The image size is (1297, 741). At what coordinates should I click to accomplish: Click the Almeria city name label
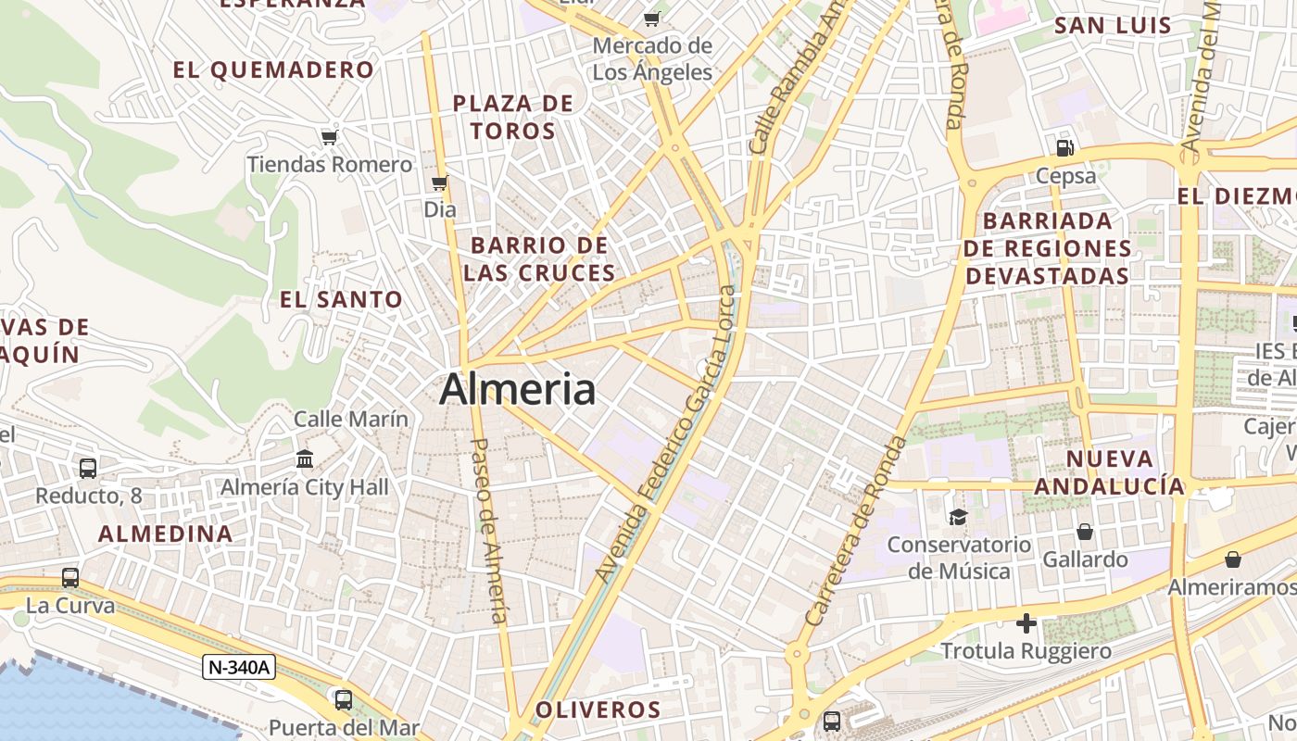coord(517,389)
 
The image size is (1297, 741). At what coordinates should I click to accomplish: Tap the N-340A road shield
coord(239,667)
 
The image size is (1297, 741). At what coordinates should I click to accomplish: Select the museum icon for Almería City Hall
coord(305,458)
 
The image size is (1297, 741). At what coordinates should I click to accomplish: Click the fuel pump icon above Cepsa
coord(1065,147)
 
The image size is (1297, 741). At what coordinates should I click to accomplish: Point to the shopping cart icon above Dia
coord(440,182)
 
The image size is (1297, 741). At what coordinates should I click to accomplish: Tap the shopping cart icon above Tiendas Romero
coord(329,137)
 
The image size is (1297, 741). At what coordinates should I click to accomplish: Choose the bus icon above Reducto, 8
coord(88,469)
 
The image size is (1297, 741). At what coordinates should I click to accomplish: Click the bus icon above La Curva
coord(70,578)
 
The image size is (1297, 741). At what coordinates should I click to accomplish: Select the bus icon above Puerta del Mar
coord(344,699)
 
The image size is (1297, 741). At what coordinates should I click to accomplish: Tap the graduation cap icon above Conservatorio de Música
coord(958,517)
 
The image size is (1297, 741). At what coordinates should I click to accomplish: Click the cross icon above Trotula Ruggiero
coord(1026,623)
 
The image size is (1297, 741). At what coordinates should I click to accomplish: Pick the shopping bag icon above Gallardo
coord(1085,532)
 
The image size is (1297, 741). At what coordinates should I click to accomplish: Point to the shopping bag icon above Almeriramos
coord(1233,559)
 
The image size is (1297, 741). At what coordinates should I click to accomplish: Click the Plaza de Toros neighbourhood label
coord(513,117)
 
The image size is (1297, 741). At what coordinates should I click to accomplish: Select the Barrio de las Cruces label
coord(539,259)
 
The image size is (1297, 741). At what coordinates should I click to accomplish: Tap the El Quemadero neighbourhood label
coord(274,69)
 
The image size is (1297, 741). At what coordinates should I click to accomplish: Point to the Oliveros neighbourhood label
coord(598,710)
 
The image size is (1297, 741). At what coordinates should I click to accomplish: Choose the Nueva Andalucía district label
coord(1109,472)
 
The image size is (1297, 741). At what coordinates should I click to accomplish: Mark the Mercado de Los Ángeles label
coord(652,58)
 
